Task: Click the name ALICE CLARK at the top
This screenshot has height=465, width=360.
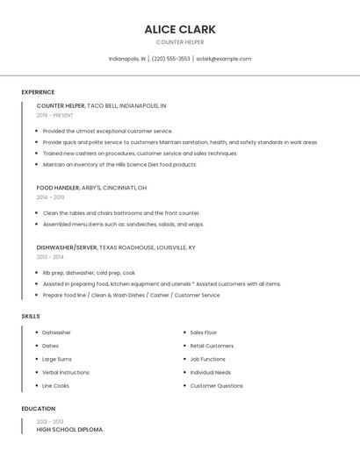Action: coord(180,29)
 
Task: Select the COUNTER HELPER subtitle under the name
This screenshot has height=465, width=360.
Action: coord(180,42)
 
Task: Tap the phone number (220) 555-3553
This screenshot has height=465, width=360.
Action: coord(170,59)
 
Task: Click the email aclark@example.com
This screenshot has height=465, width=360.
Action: coord(223,59)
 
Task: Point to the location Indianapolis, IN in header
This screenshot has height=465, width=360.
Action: coord(127,59)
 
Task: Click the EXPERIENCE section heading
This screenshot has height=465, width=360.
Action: coord(38,92)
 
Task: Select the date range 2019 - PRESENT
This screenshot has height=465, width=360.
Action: coord(55,115)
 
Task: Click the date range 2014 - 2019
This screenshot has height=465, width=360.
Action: coord(50,197)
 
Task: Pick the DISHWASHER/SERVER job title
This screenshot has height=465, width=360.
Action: coord(67,247)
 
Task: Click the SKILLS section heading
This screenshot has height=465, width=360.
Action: coord(31,316)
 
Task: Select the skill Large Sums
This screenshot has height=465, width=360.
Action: coord(57,359)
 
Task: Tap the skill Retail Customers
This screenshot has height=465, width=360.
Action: coord(212,346)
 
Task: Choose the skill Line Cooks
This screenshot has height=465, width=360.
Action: coord(55,385)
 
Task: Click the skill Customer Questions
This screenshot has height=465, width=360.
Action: coord(216,385)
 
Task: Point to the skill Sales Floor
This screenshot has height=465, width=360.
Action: coord(204,333)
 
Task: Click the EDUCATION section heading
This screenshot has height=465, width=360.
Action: coord(39,409)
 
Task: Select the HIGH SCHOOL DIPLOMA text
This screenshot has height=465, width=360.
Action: coord(69,430)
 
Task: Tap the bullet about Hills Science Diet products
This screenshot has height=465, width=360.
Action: coord(119,164)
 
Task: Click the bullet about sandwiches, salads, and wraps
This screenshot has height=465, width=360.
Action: coord(123,224)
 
